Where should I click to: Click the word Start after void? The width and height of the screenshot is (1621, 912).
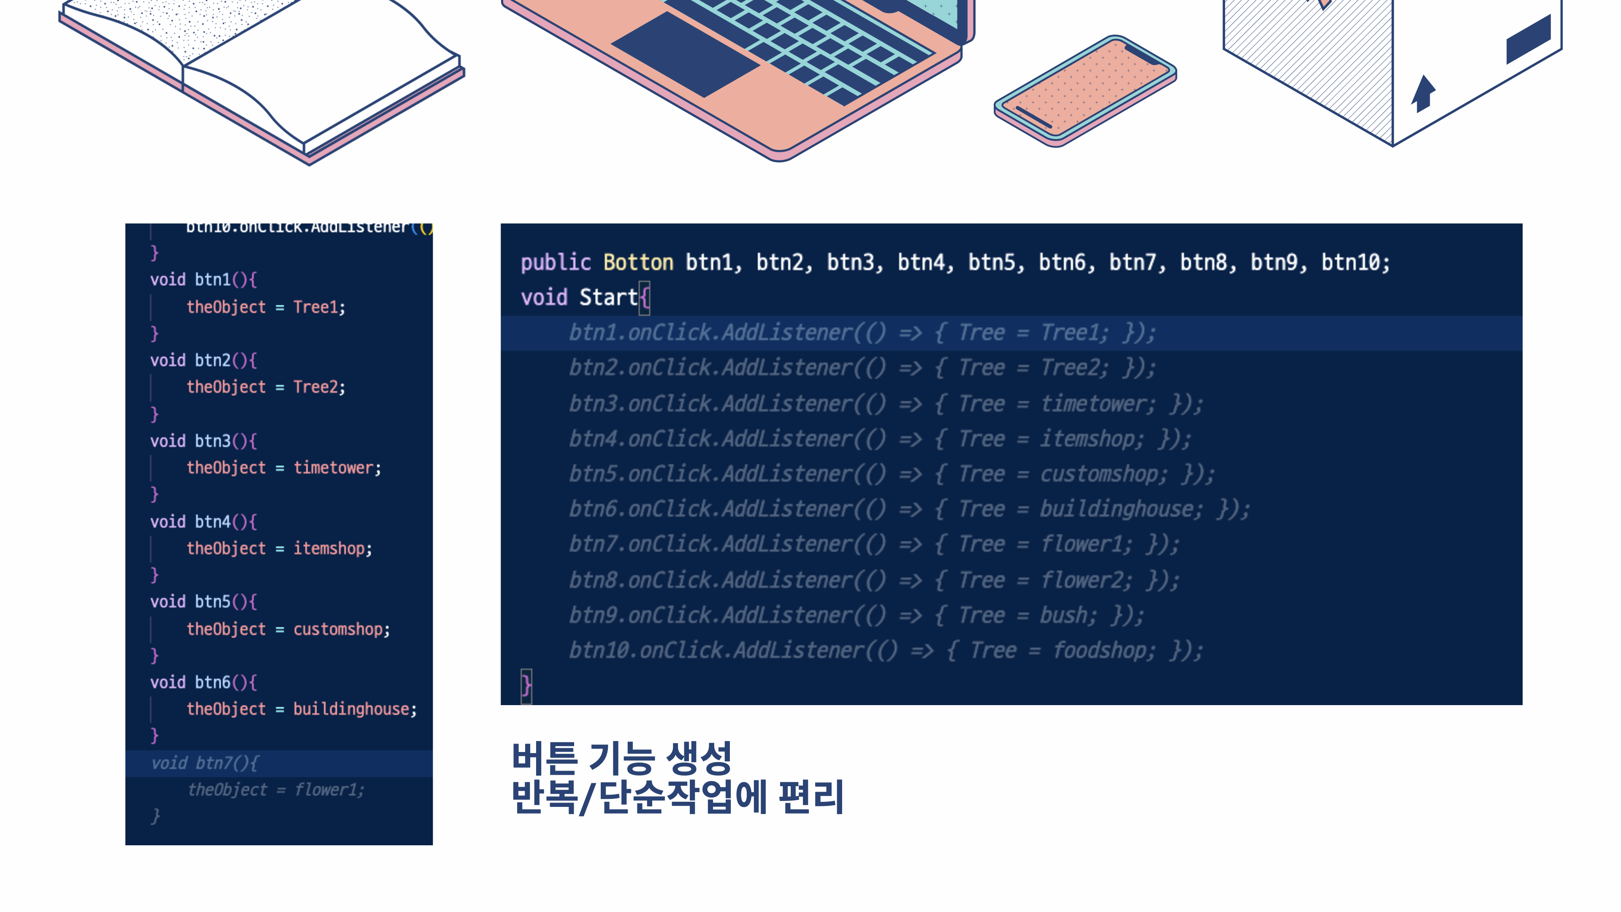point(608,297)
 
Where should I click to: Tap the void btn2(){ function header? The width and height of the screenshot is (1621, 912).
point(203,360)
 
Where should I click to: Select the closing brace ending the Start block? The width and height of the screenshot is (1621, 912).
point(526,685)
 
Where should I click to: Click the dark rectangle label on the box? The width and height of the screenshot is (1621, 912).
point(1528,39)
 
